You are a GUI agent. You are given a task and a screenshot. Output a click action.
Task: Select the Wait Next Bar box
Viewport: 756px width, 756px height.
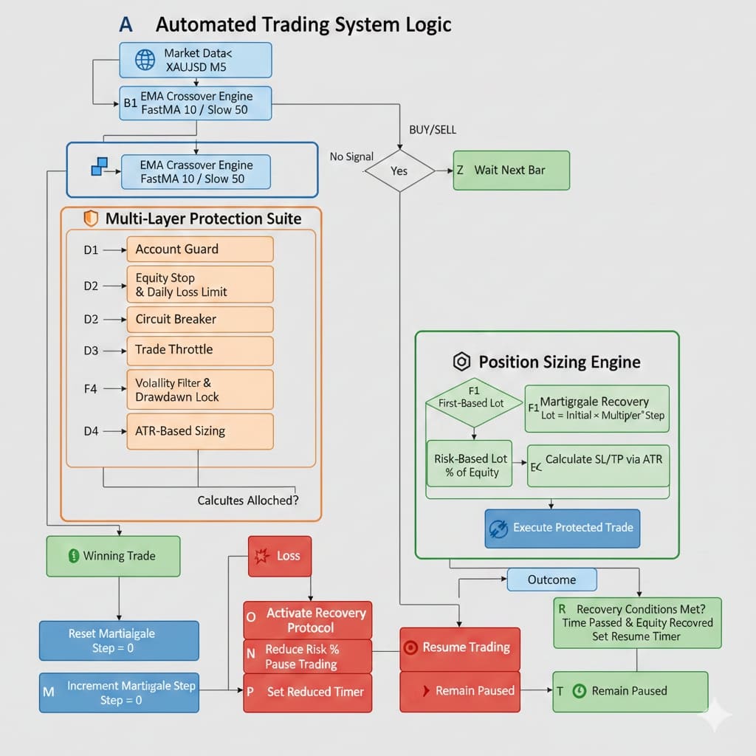[x=511, y=171]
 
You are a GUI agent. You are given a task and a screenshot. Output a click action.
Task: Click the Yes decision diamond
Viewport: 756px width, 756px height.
[x=399, y=171]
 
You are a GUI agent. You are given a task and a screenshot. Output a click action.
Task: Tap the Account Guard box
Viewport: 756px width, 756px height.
[x=199, y=250]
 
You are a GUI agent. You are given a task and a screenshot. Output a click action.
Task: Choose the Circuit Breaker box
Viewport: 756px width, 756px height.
[x=199, y=320]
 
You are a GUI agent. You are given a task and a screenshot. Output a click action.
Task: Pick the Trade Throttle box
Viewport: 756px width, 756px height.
[x=199, y=350]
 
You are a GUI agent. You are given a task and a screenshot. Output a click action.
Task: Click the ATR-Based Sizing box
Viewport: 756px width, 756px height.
[x=199, y=431]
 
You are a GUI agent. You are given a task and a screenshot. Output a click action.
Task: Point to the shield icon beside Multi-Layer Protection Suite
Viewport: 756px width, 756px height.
[x=92, y=219]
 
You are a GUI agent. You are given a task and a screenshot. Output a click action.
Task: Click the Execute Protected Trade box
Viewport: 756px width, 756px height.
[x=562, y=528]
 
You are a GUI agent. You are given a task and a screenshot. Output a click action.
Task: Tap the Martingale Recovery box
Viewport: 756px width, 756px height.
[x=597, y=408]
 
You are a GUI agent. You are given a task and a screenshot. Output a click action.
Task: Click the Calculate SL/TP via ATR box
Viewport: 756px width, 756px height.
[x=598, y=465]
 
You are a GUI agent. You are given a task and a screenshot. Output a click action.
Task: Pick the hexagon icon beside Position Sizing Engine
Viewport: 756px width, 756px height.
[x=461, y=362]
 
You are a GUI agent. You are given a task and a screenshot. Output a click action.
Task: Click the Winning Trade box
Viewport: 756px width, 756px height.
[x=113, y=556]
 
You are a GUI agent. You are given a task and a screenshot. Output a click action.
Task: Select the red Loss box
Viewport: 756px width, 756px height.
[x=280, y=556]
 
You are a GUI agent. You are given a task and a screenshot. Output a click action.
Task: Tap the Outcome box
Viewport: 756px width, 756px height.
[x=551, y=580]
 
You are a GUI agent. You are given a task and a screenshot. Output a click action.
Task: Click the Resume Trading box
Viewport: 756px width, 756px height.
[x=460, y=647]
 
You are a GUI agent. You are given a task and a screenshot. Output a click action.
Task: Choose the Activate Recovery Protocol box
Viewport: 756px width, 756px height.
[x=308, y=620]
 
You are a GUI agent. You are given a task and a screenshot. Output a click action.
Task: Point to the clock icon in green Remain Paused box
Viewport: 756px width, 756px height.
[x=580, y=691]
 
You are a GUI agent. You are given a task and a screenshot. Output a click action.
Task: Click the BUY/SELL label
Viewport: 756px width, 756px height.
[x=433, y=130]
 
